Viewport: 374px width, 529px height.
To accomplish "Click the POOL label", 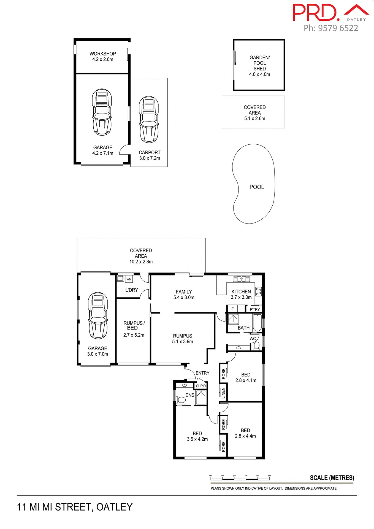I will tap(256, 187).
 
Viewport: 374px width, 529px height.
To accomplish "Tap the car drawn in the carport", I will tap(149, 119).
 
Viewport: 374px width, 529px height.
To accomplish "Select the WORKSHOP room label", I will tap(102, 54).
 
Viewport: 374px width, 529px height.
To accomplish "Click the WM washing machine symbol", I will tap(129, 279).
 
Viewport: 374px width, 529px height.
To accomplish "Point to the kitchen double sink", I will tap(242, 279).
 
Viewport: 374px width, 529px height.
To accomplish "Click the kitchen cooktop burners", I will tap(258, 292).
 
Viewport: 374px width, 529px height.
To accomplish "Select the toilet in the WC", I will tap(256, 346).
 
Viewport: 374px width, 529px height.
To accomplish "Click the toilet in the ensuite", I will tap(181, 399).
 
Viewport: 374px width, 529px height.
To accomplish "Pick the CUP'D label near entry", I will tap(200, 386).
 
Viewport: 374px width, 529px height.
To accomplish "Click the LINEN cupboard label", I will tap(223, 393).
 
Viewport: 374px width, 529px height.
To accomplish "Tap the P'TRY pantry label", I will tap(254, 309).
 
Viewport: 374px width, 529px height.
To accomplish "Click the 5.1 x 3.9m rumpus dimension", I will tap(182, 342).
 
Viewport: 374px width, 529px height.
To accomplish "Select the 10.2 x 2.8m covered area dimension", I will tap(141, 262).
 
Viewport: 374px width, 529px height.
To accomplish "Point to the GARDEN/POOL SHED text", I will tap(259, 63).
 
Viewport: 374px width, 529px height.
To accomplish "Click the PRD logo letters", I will tap(315, 13).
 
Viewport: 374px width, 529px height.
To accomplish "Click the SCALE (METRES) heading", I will tap(332, 478).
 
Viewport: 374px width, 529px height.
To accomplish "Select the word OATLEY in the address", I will tap(114, 507).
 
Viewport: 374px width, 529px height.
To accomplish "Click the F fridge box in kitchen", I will tap(232, 309).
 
